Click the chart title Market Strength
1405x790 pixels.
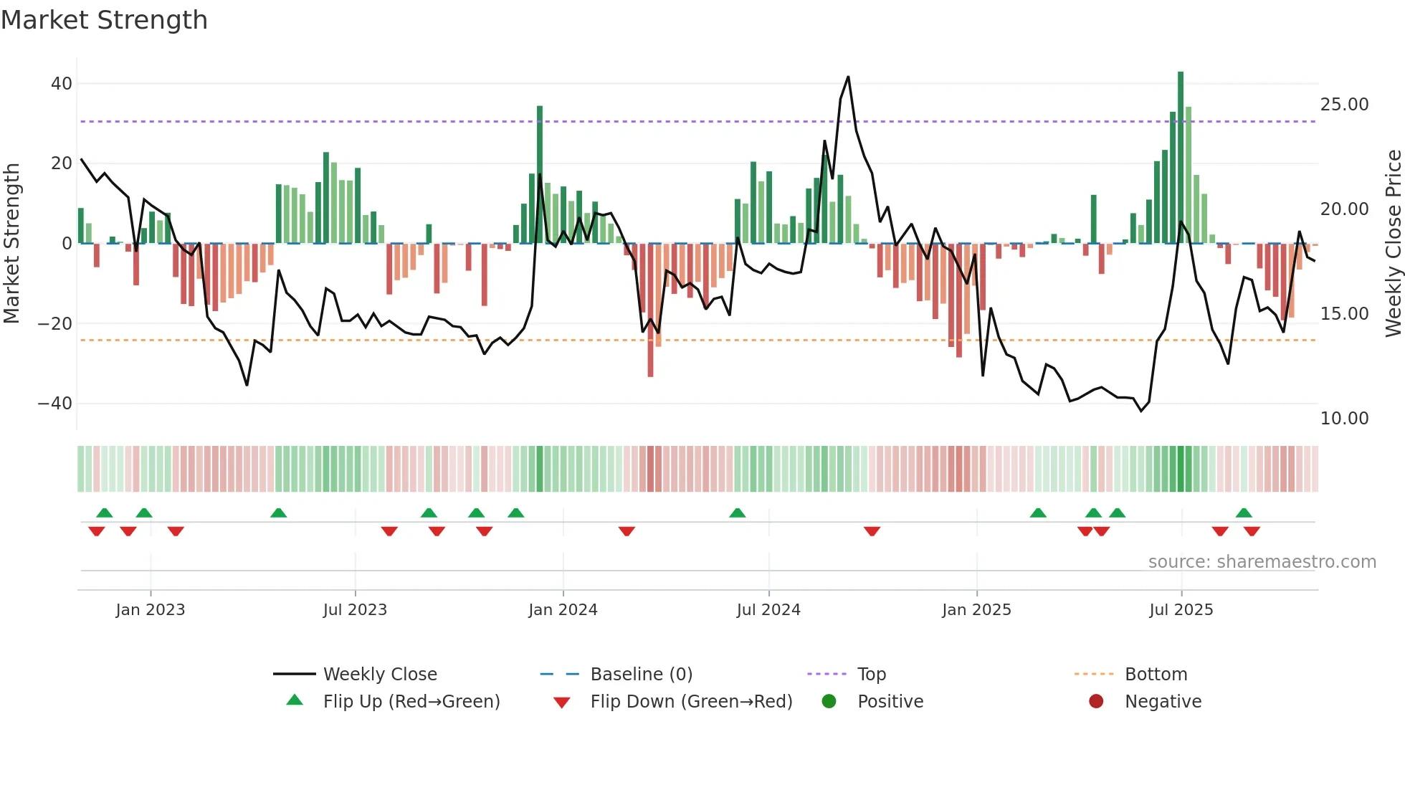pyautogui.click(x=104, y=20)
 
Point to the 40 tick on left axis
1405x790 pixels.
pyautogui.click(x=62, y=84)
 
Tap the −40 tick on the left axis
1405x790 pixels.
pyautogui.click(x=55, y=404)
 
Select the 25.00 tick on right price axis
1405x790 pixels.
pyautogui.click(x=1344, y=105)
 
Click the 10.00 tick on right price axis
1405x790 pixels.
pyautogui.click(x=1344, y=419)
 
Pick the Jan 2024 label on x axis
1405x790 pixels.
pyautogui.click(x=563, y=610)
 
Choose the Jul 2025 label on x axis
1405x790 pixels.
pyautogui.click(x=1181, y=610)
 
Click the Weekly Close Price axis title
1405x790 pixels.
pyautogui.click(x=1393, y=244)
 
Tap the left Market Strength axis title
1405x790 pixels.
pyautogui.click(x=11, y=244)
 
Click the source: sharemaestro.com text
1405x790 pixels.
pyautogui.click(x=1262, y=562)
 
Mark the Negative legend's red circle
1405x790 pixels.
pyautogui.click(x=1096, y=702)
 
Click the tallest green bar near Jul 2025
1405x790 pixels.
pyautogui.click(x=1181, y=158)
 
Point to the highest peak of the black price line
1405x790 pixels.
pyautogui.click(x=848, y=77)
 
